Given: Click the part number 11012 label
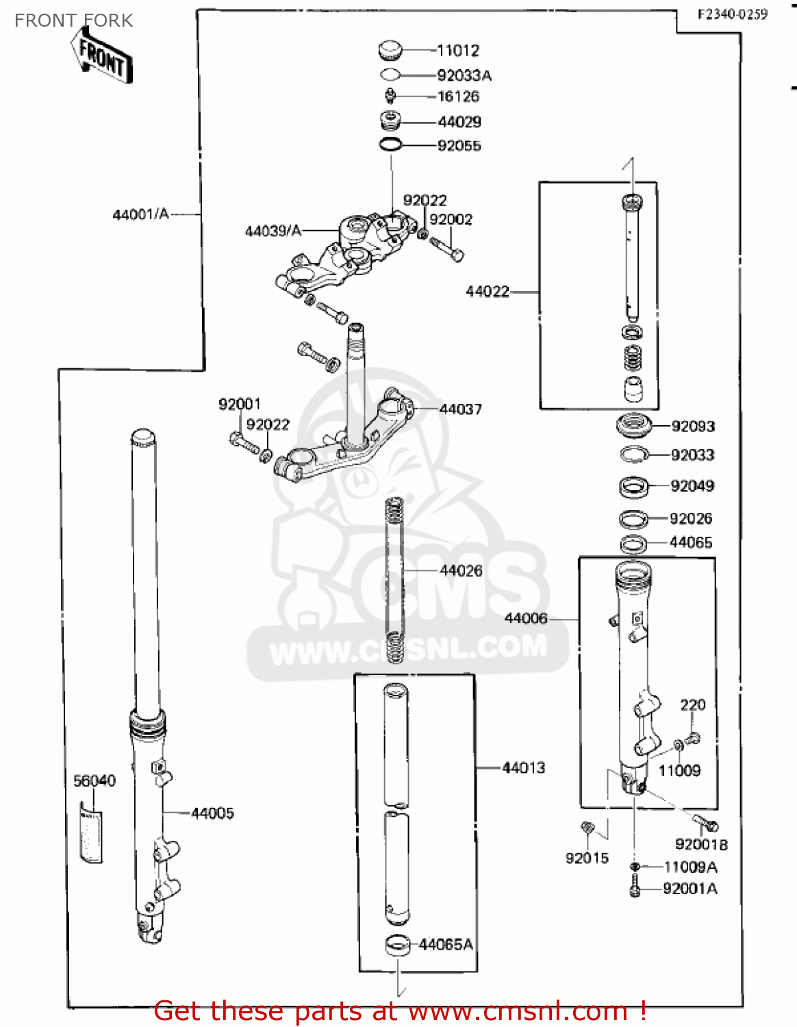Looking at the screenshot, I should (x=458, y=51).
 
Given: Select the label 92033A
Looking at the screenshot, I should (x=464, y=75).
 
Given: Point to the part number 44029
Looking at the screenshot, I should (x=459, y=122).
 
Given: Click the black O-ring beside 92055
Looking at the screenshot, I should (x=391, y=145).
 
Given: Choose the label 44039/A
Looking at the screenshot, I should (x=273, y=231).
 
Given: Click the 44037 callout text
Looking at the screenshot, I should (x=461, y=409).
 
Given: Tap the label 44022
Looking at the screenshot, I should (x=488, y=292).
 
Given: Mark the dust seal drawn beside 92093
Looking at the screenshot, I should (x=633, y=425).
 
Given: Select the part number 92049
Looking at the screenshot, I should (x=692, y=486).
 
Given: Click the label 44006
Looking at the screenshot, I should (x=526, y=619).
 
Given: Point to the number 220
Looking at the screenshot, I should (x=693, y=705).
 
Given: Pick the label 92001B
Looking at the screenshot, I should (x=701, y=845).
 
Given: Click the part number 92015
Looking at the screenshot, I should (x=587, y=859).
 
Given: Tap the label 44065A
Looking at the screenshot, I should (x=446, y=945).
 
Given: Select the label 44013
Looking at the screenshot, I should (x=524, y=768).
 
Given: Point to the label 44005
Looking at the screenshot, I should (x=212, y=813).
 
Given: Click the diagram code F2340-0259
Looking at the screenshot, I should (x=733, y=14).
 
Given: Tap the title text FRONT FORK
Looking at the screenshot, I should (x=74, y=21).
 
